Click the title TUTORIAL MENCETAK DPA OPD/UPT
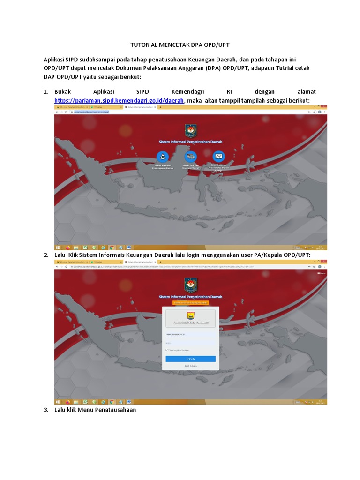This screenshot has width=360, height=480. tap(180, 45)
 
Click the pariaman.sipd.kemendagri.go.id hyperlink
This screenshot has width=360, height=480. tap(120, 100)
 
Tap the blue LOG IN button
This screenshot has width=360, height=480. tap(190, 359)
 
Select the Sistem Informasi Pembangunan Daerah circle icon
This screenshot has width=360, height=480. tap(163, 157)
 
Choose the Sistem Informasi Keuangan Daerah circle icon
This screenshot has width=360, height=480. tap(190, 157)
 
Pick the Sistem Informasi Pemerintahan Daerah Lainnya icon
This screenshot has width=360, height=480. tap(218, 157)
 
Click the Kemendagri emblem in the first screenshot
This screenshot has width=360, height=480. tap(190, 130)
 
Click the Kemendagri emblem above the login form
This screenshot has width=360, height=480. tap(190, 285)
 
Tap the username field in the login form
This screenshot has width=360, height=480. tap(190, 334)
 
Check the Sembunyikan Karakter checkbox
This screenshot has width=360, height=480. tap(167, 350)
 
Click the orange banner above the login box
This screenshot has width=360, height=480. tap(190, 303)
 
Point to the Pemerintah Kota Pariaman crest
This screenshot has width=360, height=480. tap(190, 315)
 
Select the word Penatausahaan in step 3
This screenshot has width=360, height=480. tap(115, 409)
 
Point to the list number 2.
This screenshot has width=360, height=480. tap(46, 255)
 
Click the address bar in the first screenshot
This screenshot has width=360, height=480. tap(141, 112)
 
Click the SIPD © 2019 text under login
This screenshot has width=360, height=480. tap(190, 366)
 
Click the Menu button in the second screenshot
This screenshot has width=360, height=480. tap(322, 273)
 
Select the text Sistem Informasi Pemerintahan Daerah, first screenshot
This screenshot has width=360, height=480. tap(190, 141)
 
